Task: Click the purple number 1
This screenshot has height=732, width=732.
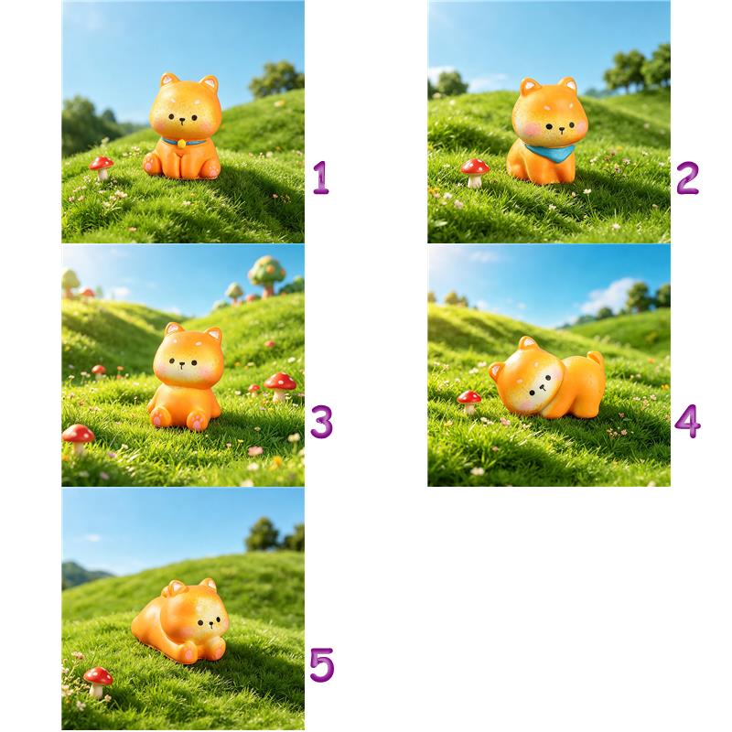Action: coord(321,178)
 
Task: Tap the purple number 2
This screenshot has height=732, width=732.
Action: coord(688,178)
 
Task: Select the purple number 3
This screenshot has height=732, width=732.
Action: coord(322,422)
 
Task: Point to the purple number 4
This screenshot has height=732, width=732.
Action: coord(688,421)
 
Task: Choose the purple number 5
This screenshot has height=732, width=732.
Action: coord(322,665)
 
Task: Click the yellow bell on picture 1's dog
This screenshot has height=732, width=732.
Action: coord(181,144)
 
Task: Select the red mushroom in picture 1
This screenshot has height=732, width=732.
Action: coord(102,167)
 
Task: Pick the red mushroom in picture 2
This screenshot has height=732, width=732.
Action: coord(475,172)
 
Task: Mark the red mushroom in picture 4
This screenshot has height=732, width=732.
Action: coord(469,403)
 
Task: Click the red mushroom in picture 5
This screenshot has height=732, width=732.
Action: coord(98,682)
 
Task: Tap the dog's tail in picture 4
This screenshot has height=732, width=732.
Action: coord(597,360)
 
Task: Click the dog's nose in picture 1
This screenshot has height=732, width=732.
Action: coord(182,120)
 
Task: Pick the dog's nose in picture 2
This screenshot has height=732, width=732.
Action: coord(561,128)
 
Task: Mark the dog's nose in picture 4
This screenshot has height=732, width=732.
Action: coord(542,387)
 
